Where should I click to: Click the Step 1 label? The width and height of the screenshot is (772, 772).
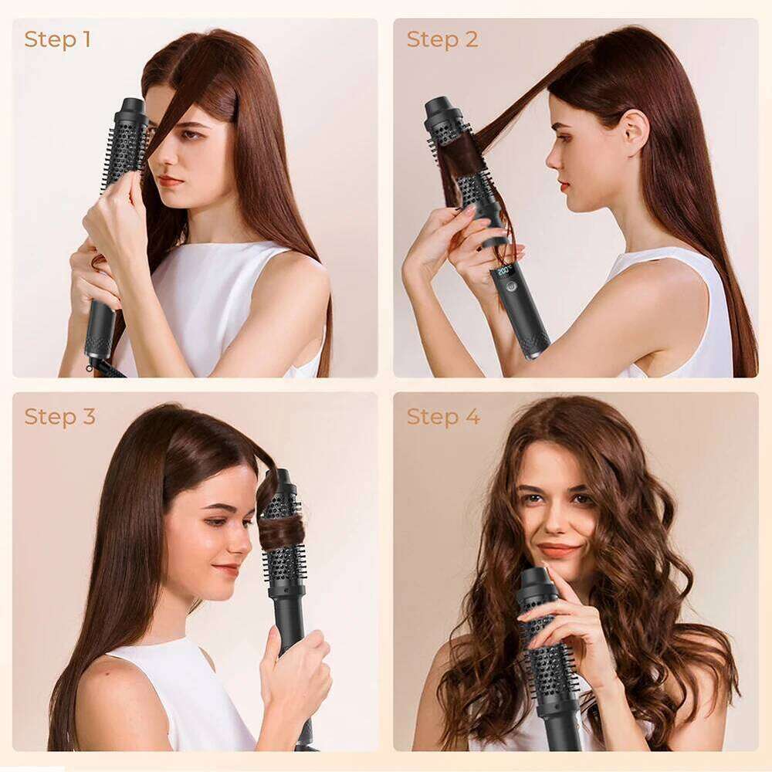click(x=57, y=39)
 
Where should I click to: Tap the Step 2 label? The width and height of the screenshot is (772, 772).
click(x=442, y=39)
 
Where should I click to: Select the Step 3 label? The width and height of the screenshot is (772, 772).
click(x=59, y=417)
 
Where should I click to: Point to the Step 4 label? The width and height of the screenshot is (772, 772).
click(x=443, y=417)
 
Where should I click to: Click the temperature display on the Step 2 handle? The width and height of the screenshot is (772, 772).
click(x=506, y=273)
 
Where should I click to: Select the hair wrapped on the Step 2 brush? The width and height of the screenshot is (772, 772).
click(x=462, y=154)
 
